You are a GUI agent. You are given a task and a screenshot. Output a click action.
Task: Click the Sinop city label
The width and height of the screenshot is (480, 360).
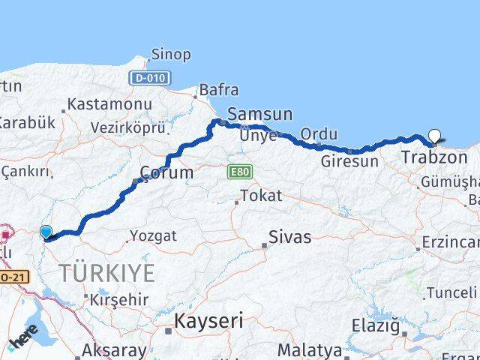click(171, 55)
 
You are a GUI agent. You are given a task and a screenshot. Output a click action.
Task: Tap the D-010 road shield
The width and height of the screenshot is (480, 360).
click(150, 77)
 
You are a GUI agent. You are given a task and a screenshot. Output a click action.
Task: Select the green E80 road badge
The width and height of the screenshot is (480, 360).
click(240, 172)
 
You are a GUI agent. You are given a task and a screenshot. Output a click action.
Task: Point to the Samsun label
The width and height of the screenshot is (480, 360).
click(259, 115)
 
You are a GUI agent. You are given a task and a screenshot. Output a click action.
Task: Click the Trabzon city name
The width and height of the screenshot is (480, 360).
click(434, 158)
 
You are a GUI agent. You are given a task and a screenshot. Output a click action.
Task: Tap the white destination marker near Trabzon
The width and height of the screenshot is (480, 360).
click(435, 137)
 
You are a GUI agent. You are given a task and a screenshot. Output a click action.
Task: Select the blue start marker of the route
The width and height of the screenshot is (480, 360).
click(46, 232)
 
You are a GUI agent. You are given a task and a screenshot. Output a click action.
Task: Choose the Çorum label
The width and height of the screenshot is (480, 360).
click(166, 173)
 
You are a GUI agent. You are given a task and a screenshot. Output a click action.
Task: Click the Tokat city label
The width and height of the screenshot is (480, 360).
click(262, 196)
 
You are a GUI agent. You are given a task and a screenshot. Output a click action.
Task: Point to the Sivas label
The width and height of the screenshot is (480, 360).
click(290, 238)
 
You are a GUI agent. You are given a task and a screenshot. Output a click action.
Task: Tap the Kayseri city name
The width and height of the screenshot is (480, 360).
click(208, 322)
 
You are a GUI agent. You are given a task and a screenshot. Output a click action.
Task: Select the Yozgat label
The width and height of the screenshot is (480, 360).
click(153, 236)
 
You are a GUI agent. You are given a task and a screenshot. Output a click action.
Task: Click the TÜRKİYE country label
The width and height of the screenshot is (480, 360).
click(108, 272)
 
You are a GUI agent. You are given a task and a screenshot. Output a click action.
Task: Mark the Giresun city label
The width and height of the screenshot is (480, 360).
click(349, 160)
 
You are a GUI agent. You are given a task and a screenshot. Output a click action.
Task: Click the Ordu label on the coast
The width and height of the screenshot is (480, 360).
click(319, 134)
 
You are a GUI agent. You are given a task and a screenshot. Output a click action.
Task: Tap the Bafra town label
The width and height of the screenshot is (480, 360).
click(219, 91)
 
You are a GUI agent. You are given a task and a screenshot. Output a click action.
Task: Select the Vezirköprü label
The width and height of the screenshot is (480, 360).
click(127, 127)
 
